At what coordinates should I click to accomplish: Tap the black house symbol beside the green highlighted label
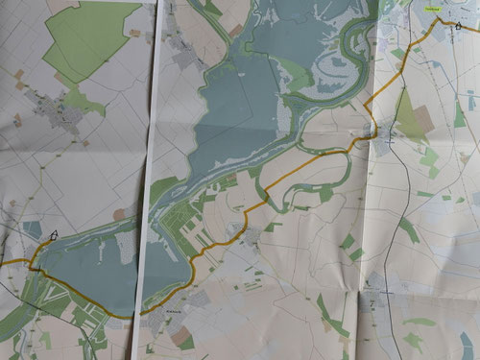(x=458, y=26)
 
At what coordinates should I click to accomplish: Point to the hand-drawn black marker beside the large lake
(x=53, y=233)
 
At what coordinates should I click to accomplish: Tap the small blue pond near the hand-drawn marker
(x=33, y=228)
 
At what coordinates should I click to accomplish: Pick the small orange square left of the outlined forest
(x=18, y=73)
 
